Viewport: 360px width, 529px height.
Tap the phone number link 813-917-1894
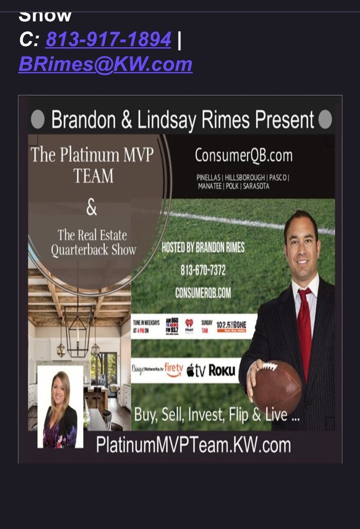pyautogui.click(x=108, y=40)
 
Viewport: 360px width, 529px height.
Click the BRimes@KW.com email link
pyautogui.click(x=105, y=64)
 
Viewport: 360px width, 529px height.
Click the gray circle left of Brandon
pyautogui.click(x=38, y=120)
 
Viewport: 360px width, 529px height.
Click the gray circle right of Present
pyautogui.click(x=325, y=120)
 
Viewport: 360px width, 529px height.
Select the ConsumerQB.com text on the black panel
pyautogui.click(x=243, y=156)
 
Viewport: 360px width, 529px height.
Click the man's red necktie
pyautogui.click(x=304, y=328)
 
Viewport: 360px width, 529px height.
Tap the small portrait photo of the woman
pyautogui.click(x=60, y=406)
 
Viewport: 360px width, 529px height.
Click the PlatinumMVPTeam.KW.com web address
pyautogui.click(x=193, y=445)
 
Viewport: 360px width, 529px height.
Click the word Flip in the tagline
pyautogui.click(x=240, y=415)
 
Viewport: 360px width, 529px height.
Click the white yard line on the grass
pyautogui.click(x=249, y=221)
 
